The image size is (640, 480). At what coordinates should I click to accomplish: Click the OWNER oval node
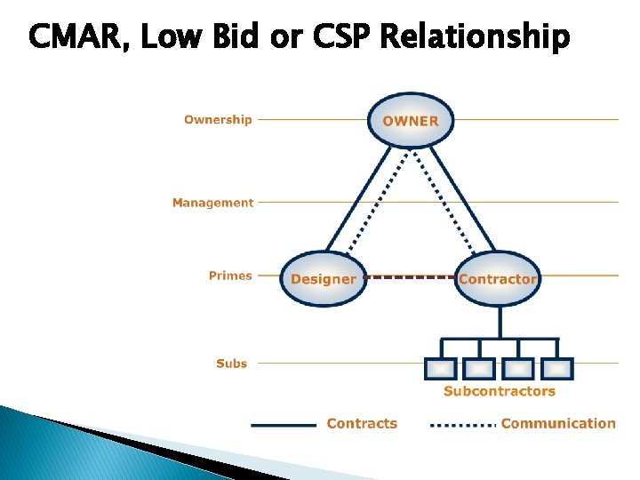(410, 120)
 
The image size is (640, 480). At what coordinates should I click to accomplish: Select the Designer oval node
(323, 278)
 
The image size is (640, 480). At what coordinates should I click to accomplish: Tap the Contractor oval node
(497, 278)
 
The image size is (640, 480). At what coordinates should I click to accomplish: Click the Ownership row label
(218, 120)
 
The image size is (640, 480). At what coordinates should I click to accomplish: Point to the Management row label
(212, 203)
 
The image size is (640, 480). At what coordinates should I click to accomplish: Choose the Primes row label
(230, 276)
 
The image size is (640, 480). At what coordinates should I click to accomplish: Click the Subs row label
(231, 363)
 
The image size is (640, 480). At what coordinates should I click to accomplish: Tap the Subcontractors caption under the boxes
(500, 391)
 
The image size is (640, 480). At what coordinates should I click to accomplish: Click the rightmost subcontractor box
(557, 368)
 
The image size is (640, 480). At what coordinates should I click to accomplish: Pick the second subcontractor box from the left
(480, 368)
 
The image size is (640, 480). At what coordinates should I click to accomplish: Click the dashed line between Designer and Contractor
(410, 276)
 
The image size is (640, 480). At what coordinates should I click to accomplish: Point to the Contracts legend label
(362, 424)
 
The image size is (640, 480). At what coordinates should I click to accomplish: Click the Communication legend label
(558, 424)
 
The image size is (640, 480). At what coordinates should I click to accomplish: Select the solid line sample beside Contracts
(284, 425)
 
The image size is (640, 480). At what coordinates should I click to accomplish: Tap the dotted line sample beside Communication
(462, 425)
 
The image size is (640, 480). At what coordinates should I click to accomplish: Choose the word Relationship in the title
(475, 37)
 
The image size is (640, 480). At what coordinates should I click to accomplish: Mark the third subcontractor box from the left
(519, 368)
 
